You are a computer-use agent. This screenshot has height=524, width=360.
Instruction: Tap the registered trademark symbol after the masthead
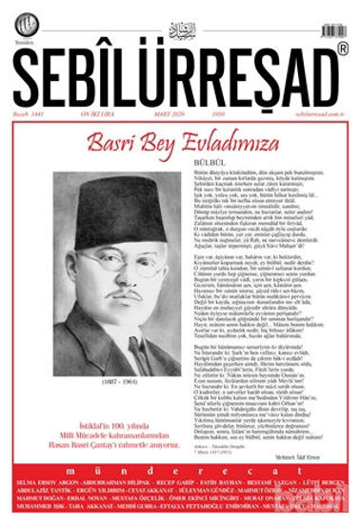coord(342,48)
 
